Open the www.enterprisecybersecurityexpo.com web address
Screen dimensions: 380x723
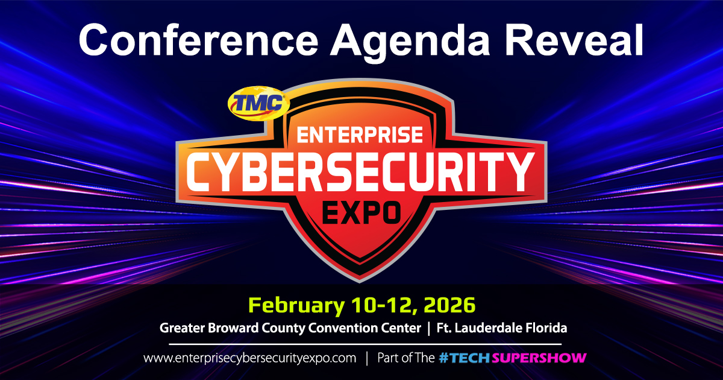click(x=250, y=358)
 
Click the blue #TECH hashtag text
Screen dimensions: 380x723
click(x=465, y=358)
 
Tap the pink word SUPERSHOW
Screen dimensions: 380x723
click(x=539, y=358)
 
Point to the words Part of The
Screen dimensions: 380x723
click(x=405, y=358)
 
